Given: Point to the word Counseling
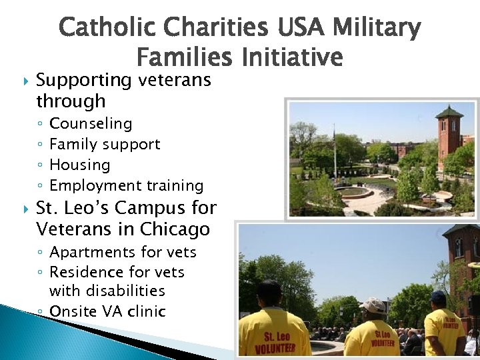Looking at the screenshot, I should (91, 124).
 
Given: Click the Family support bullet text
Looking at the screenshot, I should (105, 144).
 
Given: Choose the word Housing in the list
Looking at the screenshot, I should (80, 165).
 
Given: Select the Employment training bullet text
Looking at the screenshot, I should (127, 185).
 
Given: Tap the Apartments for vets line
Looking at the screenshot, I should (123, 252).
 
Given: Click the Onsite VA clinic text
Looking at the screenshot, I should (107, 311).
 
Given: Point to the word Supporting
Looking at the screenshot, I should (84, 81).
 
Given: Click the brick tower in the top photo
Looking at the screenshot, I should (449, 133).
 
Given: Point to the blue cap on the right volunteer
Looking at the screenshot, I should (438, 296).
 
